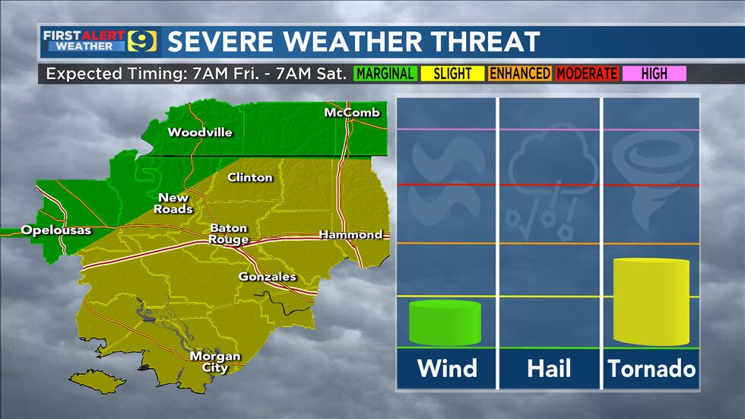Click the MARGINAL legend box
tap(385, 74)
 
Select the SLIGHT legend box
tap(452, 74)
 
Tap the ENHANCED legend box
tap(519, 74)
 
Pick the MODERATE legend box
tap(586, 74)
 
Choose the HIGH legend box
tap(653, 74)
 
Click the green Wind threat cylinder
tap(445, 323)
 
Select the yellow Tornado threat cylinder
tap(651, 302)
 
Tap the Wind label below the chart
tap(446, 369)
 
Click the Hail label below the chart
tap(549, 369)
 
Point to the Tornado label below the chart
tap(651, 369)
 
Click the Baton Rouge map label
tap(229, 233)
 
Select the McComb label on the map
tap(351, 113)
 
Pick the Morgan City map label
tap(215, 362)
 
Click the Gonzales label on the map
tap(267, 277)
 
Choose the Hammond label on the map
tap(350, 235)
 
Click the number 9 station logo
tap(144, 41)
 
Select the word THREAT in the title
tap(484, 42)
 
